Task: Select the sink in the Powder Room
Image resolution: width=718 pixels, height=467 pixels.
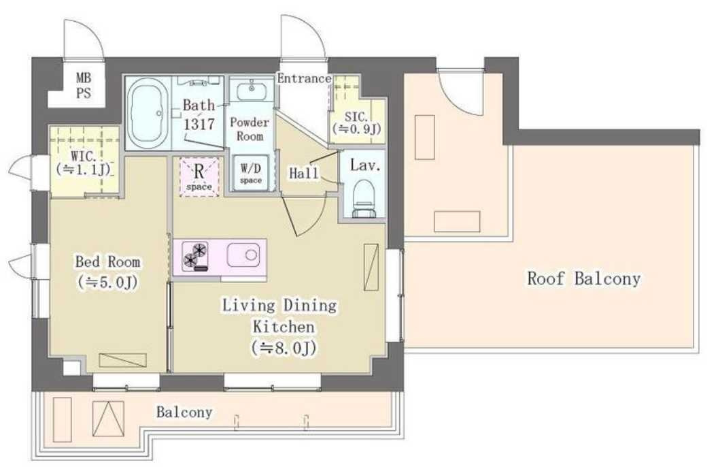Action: [x=251, y=90]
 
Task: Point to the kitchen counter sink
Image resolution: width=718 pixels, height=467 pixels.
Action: [x=243, y=255]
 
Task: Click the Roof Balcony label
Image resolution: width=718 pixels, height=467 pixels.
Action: [x=584, y=278]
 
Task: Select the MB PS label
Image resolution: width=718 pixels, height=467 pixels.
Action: [x=84, y=85]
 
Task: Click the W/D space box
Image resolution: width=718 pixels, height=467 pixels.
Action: [x=251, y=173]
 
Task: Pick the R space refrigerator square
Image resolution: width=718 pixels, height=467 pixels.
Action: [x=199, y=176]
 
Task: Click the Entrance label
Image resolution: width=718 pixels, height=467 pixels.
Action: [x=304, y=78]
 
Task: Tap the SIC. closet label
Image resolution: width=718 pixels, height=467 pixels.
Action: [x=357, y=123]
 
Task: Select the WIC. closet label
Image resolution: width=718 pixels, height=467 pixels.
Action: [x=84, y=163]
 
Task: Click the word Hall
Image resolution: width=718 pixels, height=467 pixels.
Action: [x=304, y=173]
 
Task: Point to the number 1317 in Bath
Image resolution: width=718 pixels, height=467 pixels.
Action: [x=199, y=124]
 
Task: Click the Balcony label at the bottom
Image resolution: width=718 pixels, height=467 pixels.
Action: [x=184, y=412]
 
